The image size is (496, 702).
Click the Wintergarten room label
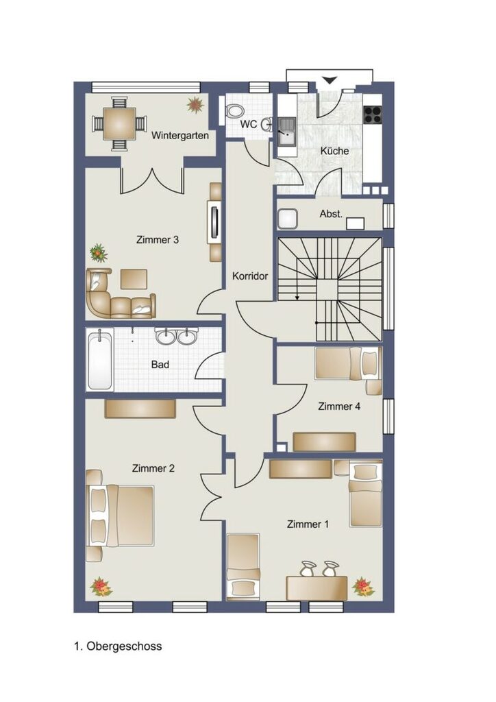(180, 135)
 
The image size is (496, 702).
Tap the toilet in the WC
(235, 111)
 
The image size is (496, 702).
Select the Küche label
(334, 151)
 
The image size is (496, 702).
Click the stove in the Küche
(373, 114)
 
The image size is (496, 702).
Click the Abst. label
(331, 214)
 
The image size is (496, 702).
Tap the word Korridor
(249, 276)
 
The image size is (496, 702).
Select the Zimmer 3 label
(158, 240)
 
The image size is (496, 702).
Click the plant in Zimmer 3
(99, 253)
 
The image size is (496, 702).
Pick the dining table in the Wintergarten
(120, 123)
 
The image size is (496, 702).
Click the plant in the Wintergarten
(195, 105)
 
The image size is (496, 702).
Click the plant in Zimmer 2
(101, 586)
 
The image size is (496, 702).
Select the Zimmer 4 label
(339, 407)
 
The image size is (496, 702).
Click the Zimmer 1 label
(308, 524)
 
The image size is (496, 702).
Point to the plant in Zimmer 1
(363, 587)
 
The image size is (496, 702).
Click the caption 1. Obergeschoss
(118, 646)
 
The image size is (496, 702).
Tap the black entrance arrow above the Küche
(329, 80)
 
